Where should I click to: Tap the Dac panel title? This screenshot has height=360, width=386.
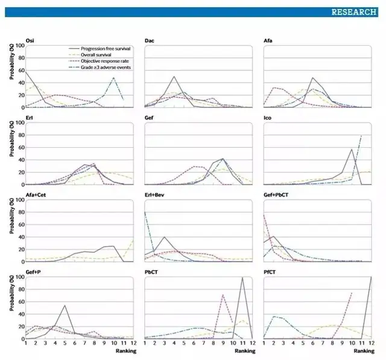(x=150, y=40)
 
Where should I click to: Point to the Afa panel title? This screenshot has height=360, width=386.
(x=268, y=40)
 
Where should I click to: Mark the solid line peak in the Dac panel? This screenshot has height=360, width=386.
(x=174, y=77)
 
